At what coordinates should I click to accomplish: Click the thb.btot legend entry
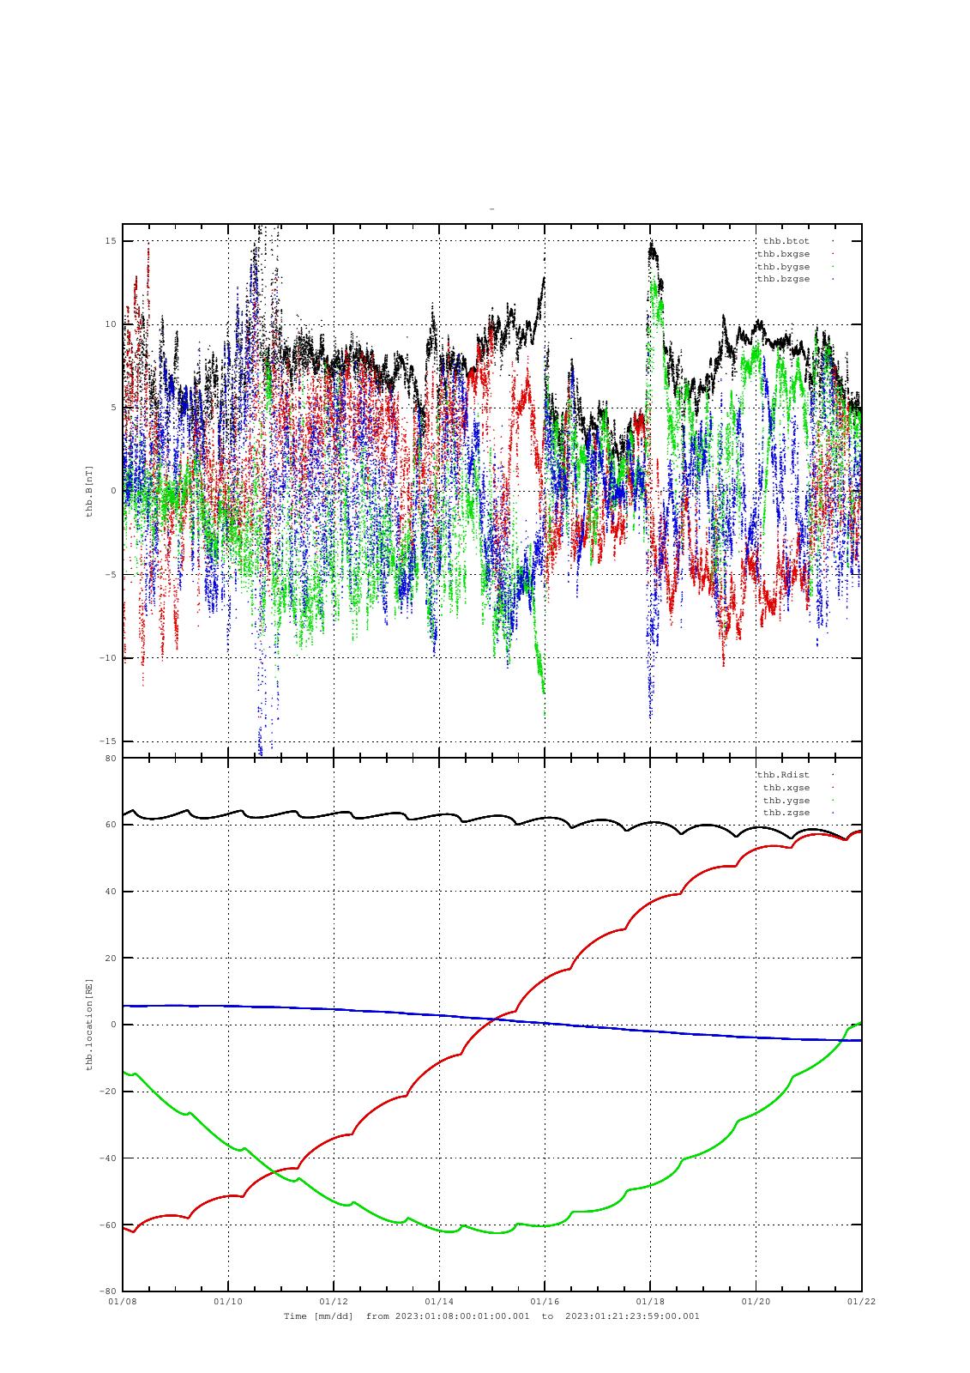pyautogui.click(x=786, y=241)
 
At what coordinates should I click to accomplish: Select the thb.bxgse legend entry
pyautogui.click(x=783, y=254)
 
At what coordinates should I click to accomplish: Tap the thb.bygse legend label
pyautogui.click(x=783, y=267)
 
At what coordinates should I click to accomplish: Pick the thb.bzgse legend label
pyautogui.click(x=783, y=279)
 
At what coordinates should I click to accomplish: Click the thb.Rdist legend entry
pyautogui.click(x=783, y=775)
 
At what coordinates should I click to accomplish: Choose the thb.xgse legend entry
pyautogui.click(x=786, y=788)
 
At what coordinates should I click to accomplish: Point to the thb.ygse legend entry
pyautogui.click(x=786, y=801)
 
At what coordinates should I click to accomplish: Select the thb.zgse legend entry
pyautogui.click(x=786, y=813)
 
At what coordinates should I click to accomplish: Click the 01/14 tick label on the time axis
pyautogui.click(x=439, y=1302)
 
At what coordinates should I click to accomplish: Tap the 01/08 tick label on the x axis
pyautogui.click(x=123, y=1302)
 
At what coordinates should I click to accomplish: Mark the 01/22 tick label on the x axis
pyautogui.click(x=861, y=1302)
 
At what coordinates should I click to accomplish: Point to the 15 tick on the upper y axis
pyautogui.click(x=111, y=241)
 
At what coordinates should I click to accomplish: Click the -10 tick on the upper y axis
pyautogui.click(x=108, y=658)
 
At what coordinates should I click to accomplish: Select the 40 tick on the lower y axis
pyautogui.click(x=111, y=892)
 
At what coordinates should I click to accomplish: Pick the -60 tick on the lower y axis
pyautogui.click(x=108, y=1225)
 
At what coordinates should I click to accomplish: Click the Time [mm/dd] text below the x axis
pyautogui.click(x=318, y=1316)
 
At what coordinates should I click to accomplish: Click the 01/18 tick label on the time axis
pyautogui.click(x=650, y=1302)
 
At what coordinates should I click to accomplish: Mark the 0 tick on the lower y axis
pyautogui.click(x=113, y=1025)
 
